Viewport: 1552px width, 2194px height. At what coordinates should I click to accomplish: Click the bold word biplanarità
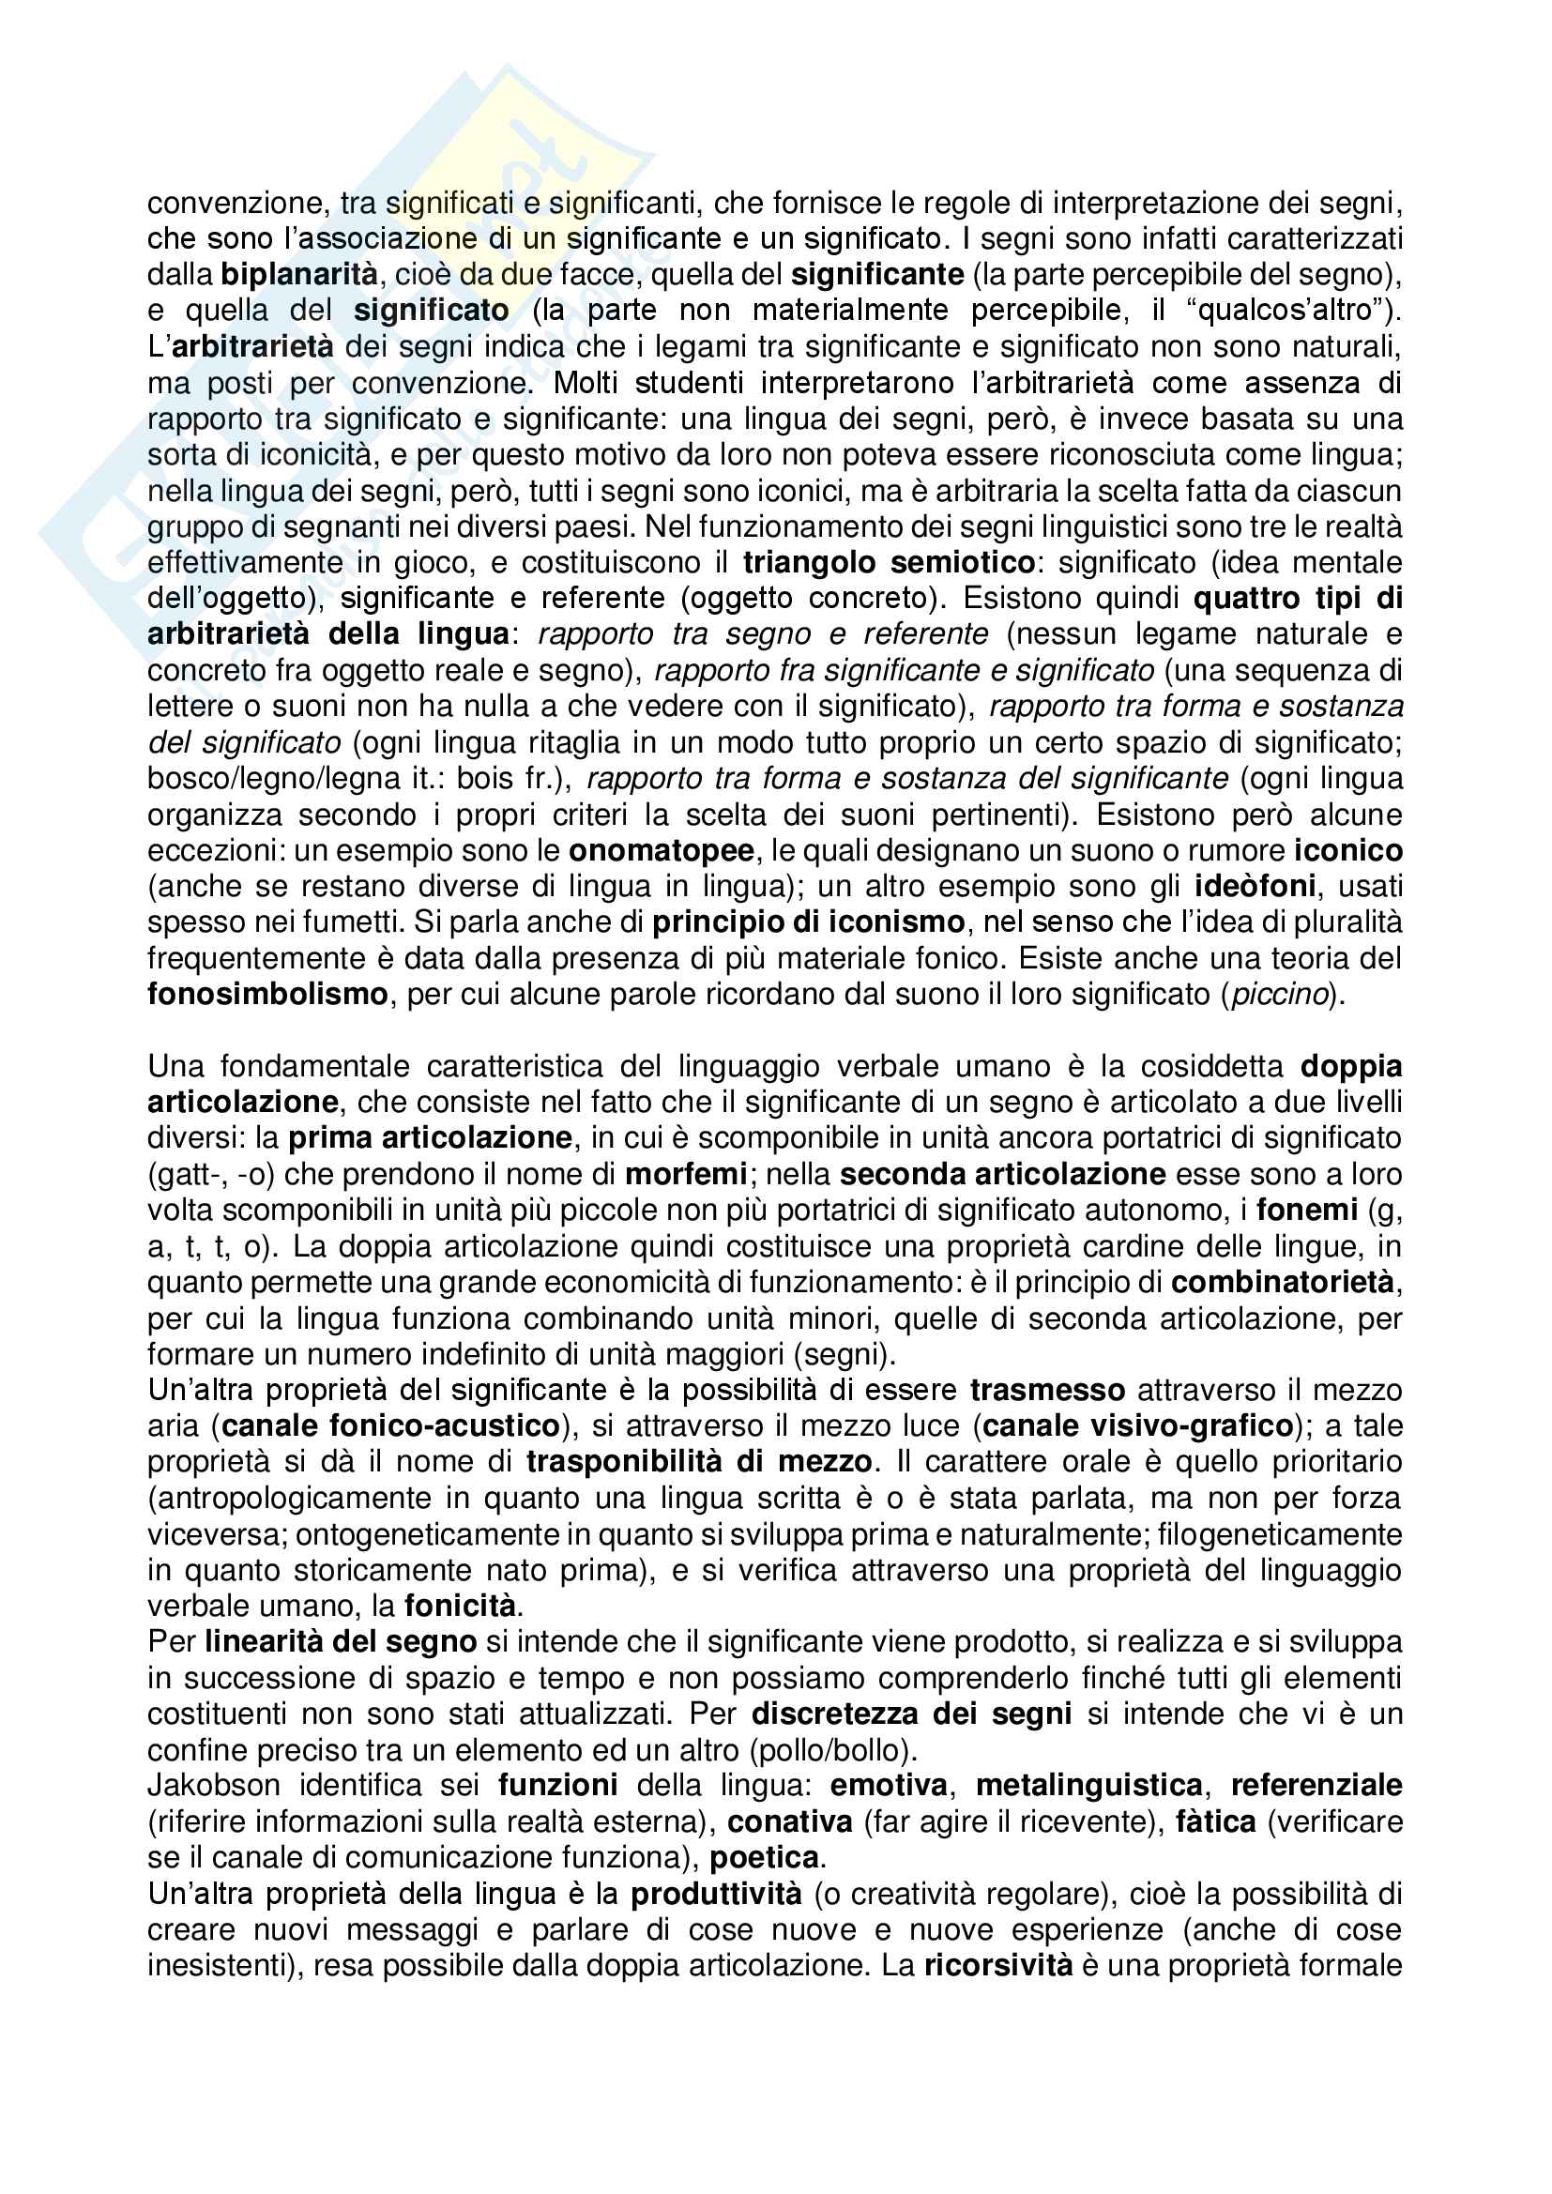pyautogui.click(x=299, y=275)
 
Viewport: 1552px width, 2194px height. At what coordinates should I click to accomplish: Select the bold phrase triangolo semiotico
pyautogui.click(x=889, y=563)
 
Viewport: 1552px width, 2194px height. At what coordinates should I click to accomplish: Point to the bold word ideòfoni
pyautogui.click(x=1255, y=887)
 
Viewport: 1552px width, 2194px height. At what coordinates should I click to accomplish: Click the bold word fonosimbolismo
pyautogui.click(x=267, y=995)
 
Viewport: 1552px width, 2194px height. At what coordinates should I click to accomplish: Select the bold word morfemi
pyautogui.click(x=686, y=1174)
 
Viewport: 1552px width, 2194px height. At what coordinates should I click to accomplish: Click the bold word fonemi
pyautogui.click(x=1306, y=1211)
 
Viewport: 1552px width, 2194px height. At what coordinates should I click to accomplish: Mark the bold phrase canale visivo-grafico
pyautogui.click(x=1137, y=1426)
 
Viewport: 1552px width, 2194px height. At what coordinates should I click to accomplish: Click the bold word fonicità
pyautogui.click(x=460, y=1607)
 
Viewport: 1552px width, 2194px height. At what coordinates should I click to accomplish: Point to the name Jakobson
pyautogui.click(x=214, y=1786)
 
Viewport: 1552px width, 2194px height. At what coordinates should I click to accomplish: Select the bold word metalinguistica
pyautogui.click(x=1088, y=1786)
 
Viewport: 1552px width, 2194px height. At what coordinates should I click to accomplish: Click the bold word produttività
pyautogui.click(x=716, y=1894)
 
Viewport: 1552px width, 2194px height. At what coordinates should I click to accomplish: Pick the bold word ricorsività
pyautogui.click(x=997, y=1966)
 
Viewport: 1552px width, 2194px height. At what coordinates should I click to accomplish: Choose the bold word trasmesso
pyautogui.click(x=1047, y=1391)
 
